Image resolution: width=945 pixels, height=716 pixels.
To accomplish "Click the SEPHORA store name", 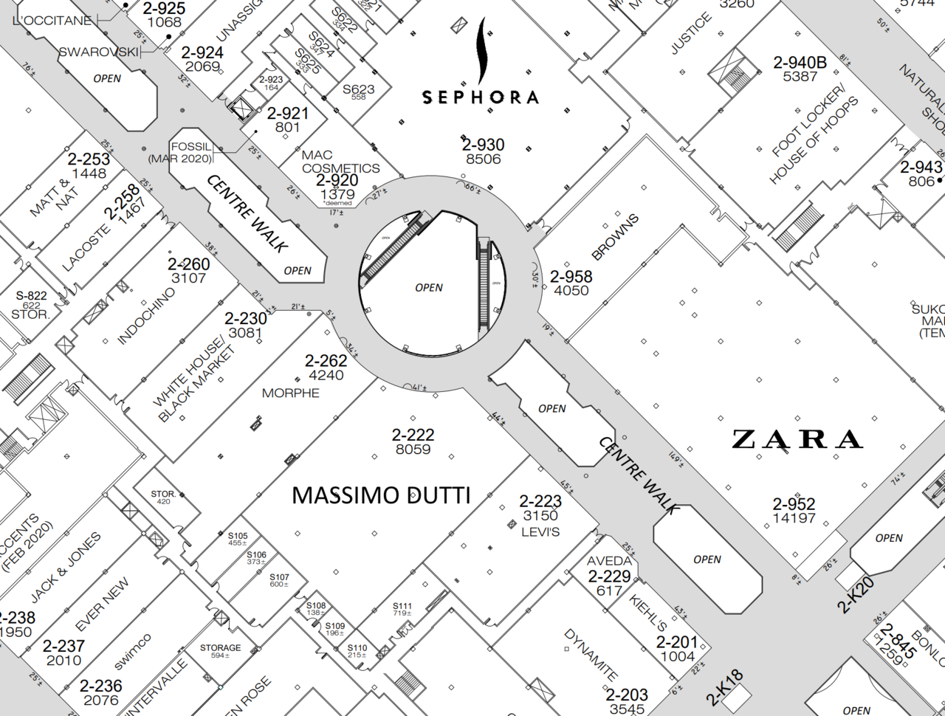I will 480,97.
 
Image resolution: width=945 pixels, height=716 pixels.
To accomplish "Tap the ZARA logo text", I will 797,439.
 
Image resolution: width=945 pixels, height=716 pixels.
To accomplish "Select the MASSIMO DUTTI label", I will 381,495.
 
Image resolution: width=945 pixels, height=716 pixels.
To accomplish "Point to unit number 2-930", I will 484,145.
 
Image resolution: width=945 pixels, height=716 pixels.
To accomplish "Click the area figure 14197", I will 794,518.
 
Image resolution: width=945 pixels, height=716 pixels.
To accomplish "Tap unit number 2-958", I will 571,276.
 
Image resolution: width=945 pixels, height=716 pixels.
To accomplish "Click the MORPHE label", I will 291,393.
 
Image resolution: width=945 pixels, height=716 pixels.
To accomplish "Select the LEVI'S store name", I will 540,531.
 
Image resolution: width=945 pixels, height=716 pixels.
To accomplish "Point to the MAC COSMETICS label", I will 340,162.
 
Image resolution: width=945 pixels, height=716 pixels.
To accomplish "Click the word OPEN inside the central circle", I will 429,288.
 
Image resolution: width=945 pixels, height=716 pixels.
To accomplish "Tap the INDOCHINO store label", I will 146,315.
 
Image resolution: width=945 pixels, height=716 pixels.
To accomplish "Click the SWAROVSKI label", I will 98,52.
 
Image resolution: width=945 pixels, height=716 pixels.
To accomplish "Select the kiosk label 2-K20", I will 856,595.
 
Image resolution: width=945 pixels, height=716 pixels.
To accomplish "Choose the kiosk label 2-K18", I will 724,688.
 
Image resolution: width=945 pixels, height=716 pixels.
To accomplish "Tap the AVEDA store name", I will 609,561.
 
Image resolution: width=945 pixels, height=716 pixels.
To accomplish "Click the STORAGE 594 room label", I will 220,647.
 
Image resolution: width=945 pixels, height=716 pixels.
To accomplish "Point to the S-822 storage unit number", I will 31,295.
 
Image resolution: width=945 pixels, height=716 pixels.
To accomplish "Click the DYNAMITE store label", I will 591,655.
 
